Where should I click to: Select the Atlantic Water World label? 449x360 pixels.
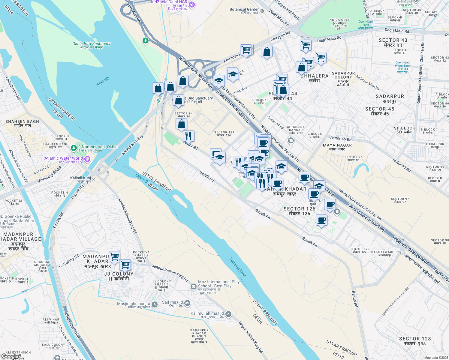click(64, 158)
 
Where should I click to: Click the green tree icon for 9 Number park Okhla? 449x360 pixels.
click(74, 148)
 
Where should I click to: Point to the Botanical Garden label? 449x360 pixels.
click(244, 10)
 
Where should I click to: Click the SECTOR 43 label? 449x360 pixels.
click(393, 40)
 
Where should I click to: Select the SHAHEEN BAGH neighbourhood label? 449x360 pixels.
click(22, 122)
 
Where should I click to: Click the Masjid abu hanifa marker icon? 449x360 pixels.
click(155, 305)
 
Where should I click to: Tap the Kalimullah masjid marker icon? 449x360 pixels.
click(228, 314)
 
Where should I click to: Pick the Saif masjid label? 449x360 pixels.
click(172, 302)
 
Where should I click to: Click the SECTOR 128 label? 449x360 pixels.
click(415, 339)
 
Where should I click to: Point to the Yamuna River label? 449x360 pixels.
click(238, 267)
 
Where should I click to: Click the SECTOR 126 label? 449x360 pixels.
click(299, 209)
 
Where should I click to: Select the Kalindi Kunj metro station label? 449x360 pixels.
click(80, 178)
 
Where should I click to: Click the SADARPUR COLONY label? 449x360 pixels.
click(343, 75)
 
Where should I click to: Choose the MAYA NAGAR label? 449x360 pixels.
click(337, 145)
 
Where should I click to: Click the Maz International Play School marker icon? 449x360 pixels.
click(194, 287)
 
